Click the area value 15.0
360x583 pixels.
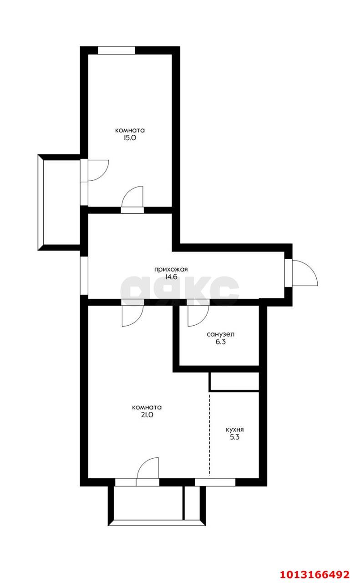[130, 138]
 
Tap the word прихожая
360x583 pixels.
[171, 269]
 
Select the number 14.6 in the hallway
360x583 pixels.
[171, 276]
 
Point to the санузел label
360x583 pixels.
[221, 334]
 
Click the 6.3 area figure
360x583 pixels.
[221, 342]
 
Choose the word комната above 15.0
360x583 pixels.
[130, 130]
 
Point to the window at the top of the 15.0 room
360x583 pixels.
[117, 50]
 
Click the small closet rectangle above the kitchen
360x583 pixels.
[234, 382]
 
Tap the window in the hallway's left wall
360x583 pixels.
[84, 276]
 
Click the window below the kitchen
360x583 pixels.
[215, 482]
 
